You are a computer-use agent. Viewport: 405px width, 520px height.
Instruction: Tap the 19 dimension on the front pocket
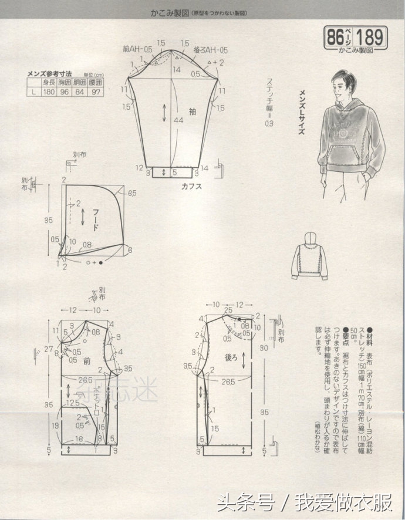coord(56,424)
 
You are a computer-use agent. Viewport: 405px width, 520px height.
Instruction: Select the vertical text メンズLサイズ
coord(303,112)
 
